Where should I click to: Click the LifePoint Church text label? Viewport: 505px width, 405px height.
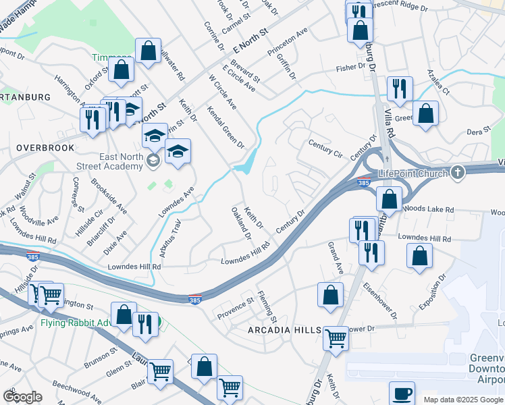413,173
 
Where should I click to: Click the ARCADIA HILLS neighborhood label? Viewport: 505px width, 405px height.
279,330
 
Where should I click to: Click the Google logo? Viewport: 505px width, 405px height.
23,397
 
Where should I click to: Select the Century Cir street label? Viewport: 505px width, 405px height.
325,149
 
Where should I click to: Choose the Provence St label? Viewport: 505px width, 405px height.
235,308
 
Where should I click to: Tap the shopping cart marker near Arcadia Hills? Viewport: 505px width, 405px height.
336,337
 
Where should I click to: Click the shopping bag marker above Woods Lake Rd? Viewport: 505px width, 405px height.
389,198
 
